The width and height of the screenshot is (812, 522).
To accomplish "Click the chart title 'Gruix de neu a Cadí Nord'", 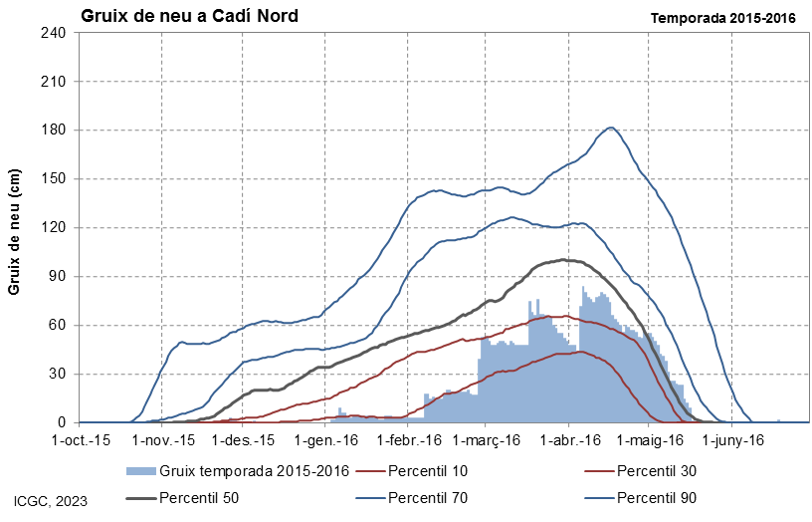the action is point(189,16).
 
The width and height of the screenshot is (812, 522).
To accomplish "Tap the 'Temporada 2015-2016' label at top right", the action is point(722,18).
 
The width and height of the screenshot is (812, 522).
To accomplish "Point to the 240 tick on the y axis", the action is point(53,33).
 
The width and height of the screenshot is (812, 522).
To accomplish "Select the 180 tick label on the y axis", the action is point(53,130).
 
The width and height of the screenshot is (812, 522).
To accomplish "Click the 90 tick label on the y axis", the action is point(57,276).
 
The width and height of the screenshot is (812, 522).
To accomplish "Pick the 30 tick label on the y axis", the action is point(57,374).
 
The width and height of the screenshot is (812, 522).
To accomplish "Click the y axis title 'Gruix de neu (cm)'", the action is point(14,231).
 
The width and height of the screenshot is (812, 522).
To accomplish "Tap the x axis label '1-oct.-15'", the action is point(82,440).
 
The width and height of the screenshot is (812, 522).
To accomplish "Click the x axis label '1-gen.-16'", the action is point(326,440).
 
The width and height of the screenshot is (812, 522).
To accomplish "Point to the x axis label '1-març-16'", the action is point(487,440).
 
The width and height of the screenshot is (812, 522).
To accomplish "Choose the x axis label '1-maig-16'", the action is point(651,440).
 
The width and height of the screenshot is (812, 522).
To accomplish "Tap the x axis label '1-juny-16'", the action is point(732,440).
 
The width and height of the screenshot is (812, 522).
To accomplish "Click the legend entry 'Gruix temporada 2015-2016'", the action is point(238,471).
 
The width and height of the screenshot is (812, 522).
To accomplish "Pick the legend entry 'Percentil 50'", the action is point(183,498).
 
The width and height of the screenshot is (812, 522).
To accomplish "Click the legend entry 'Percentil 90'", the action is point(641,498).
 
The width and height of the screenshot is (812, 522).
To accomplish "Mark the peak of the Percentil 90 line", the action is point(611,128).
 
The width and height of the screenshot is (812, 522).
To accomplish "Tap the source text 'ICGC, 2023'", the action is point(51,502).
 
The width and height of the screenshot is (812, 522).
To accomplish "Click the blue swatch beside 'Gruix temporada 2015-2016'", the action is point(141,471).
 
